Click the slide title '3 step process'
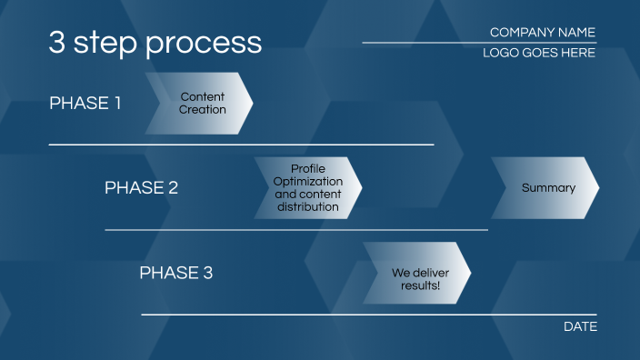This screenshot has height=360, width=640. coord(155,43)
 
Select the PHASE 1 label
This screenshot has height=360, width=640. coord(85,103)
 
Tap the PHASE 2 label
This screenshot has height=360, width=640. coord(141,188)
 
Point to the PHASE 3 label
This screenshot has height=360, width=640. coord(175,273)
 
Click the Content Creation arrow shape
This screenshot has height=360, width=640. coord(200,104)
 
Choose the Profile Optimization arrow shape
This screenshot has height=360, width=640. coord(308,188)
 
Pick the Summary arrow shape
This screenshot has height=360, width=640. coord(545,188)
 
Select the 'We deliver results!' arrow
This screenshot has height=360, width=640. coord(417,273)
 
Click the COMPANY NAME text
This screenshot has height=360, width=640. coord(542,32)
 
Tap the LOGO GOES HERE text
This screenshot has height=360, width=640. coord(539,53)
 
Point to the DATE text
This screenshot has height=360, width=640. coord(580,326)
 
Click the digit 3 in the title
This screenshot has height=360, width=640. coord(56,43)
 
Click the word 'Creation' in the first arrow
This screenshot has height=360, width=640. coord(202,110)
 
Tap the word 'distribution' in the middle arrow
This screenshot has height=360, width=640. coord(308,207)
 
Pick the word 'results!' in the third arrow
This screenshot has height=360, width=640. coord(420,285)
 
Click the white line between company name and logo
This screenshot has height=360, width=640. coord(479,43)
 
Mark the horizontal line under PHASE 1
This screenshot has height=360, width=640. coord(241,145)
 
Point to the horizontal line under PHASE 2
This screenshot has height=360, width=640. coord(296,230)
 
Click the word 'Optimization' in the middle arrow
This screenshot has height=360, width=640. coord(308,182)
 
